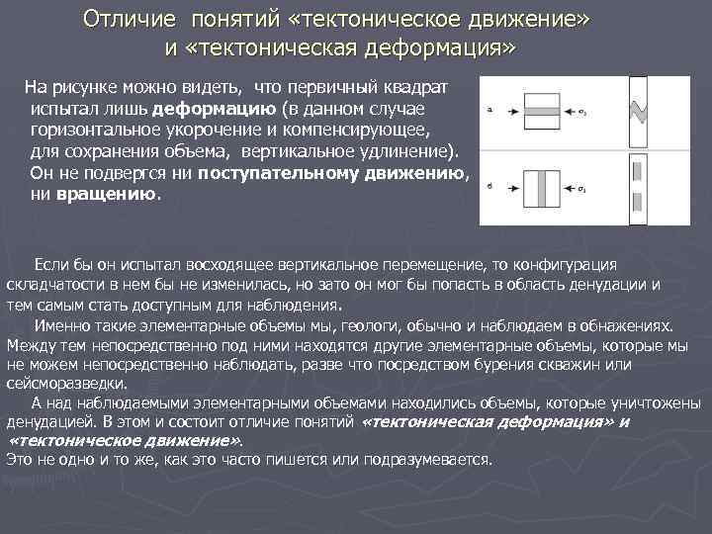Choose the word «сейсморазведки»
(x=65, y=383)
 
